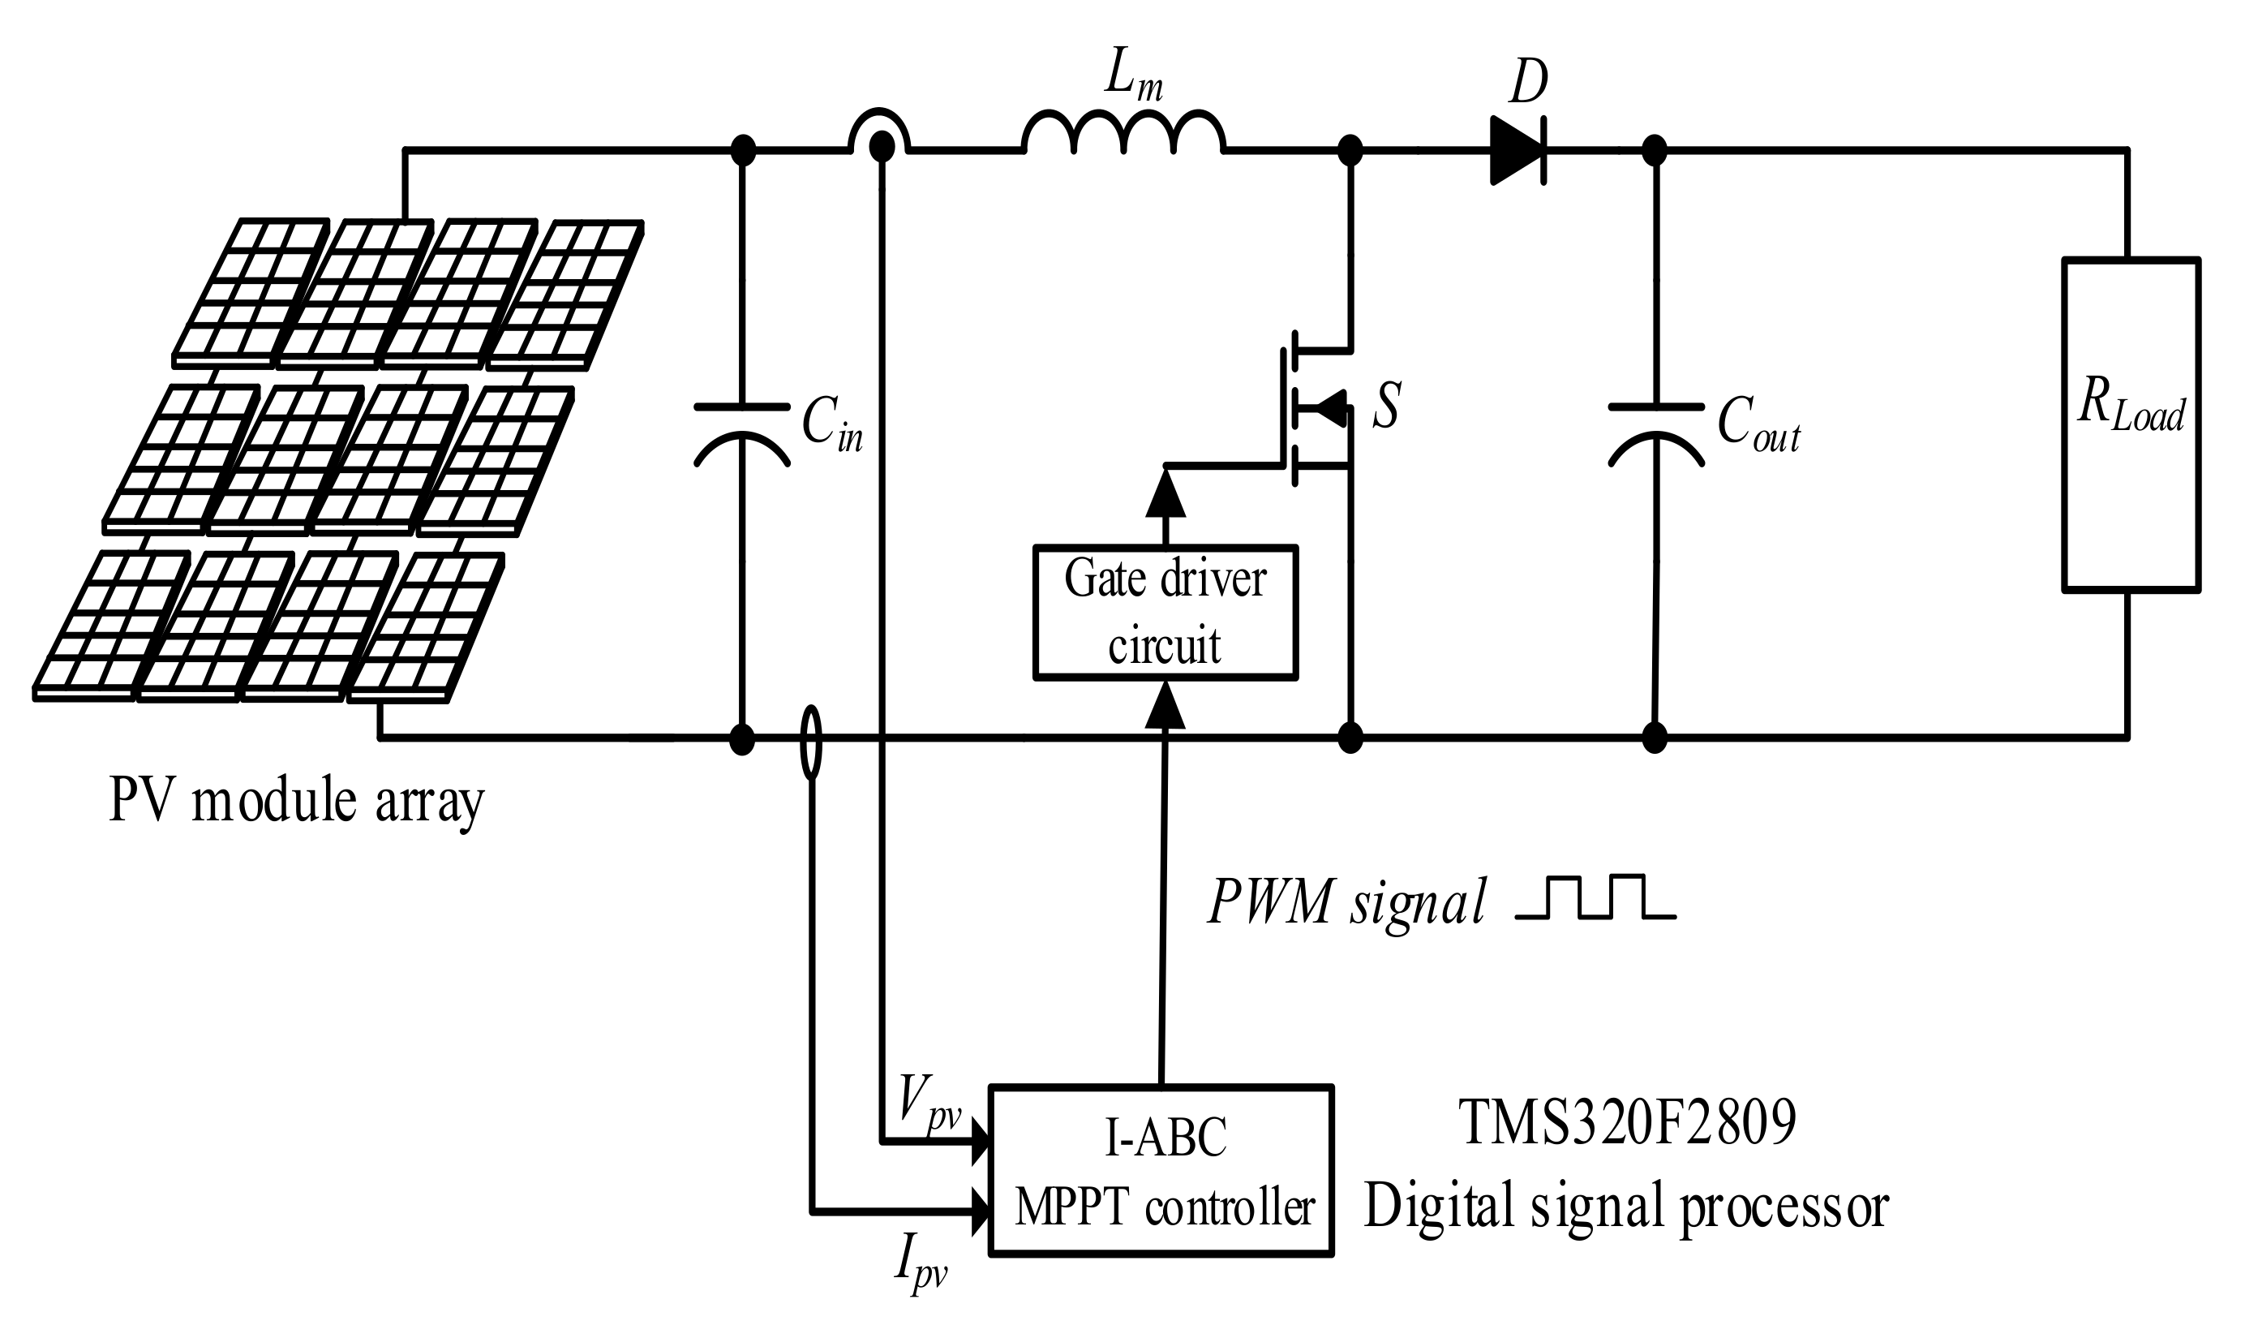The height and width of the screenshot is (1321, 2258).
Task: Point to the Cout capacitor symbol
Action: tap(1656, 434)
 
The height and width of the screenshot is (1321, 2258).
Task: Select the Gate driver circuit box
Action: tap(1165, 612)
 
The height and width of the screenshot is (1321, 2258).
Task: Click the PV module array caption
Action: tap(297, 799)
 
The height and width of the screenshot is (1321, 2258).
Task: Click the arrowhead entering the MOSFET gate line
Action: tap(1165, 492)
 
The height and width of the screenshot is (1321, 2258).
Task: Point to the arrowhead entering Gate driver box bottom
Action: tap(1165, 704)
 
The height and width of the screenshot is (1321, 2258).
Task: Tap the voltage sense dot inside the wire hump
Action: tap(882, 146)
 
